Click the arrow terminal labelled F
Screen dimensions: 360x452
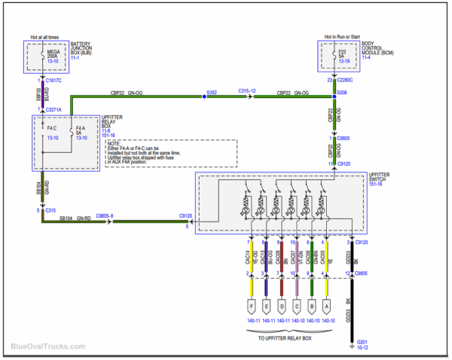250,307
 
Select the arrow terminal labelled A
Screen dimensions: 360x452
326,307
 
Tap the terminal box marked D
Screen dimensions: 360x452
280,307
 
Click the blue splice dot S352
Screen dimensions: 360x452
203,96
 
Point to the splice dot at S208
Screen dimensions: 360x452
334,96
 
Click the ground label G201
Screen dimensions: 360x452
363,344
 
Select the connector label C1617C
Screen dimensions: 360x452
55,79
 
